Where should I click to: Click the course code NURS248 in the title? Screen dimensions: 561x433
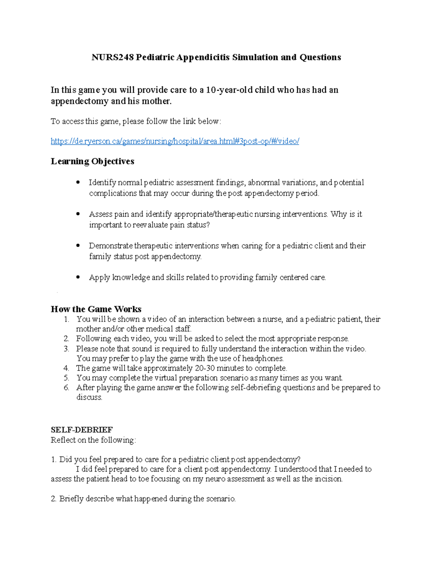point(113,57)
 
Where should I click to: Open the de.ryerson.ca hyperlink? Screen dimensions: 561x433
point(175,141)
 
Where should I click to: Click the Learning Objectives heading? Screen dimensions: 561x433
point(92,161)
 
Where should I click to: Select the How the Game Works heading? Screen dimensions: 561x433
point(96,309)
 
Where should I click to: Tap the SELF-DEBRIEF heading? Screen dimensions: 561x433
point(82,430)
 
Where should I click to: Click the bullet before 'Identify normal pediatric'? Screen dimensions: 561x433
point(78,182)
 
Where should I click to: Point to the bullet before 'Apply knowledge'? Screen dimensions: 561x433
point(78,277)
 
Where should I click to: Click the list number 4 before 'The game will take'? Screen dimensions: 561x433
point(66,368)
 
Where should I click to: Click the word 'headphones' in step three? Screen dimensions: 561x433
point(262,358)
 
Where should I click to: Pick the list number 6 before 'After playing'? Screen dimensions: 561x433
point(66,388)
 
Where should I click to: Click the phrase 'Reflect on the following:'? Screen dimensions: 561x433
point(93,440)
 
